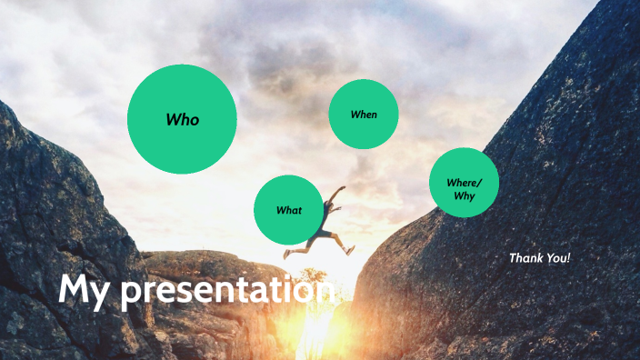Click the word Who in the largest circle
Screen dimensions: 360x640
182,120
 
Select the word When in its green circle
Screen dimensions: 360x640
363,115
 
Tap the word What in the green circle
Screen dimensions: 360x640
288,210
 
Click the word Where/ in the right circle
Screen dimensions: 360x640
464,183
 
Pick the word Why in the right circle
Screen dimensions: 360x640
464,195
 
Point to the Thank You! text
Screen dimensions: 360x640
539,258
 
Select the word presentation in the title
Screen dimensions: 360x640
227,292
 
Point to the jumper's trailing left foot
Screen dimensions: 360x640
286,255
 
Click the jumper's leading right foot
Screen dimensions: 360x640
350,249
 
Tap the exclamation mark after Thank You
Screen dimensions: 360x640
568,258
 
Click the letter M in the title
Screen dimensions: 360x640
73,290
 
